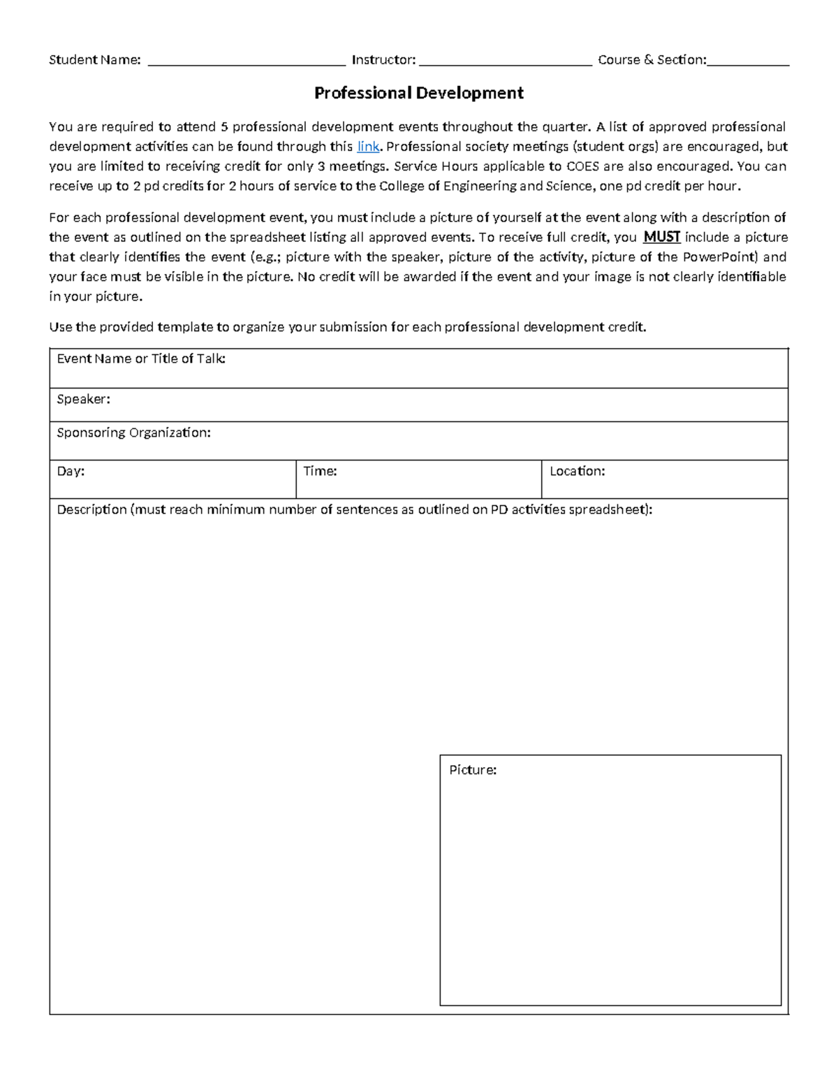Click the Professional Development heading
(418, 93)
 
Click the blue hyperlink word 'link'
(368, 147)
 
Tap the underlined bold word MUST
(661, 237)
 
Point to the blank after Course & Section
(748, 61)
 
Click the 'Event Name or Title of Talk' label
(141, 359)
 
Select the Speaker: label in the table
(83, 399)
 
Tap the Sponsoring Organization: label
(133, 433)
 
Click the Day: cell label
(71, 472)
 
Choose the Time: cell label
(320, 472)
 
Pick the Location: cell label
(577, 472)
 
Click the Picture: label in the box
(473, 770)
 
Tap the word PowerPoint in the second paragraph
(719, 256)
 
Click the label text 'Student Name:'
(95, 60)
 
